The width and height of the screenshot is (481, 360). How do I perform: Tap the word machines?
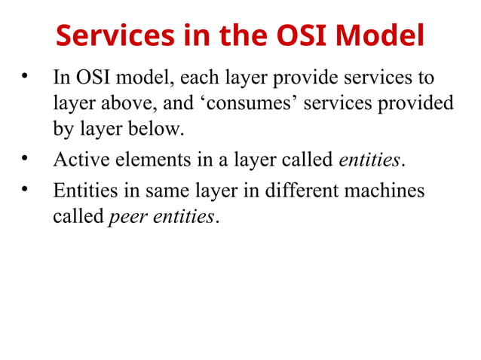click(384, 191)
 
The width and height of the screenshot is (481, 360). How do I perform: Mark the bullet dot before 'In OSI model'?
click(25, 76)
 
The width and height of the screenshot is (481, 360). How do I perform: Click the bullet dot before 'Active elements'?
click(25, 158)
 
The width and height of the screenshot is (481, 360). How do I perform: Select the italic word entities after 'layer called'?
click(369, 160)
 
